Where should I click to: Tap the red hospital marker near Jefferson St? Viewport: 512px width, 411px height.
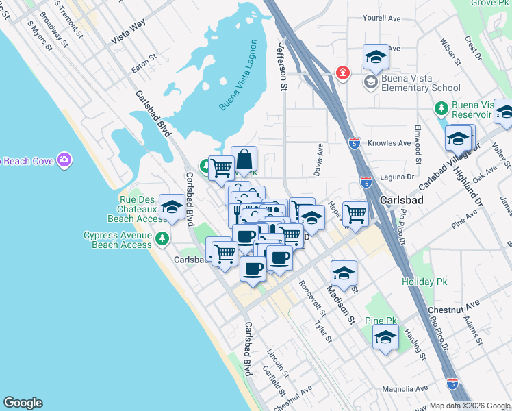point(341,72)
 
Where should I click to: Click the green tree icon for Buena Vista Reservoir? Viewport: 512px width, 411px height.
point(441,108)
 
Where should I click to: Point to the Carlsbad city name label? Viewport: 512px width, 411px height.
point(399,199)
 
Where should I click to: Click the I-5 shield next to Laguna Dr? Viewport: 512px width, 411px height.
point(366,182)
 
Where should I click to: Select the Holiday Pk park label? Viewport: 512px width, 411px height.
point(418,282)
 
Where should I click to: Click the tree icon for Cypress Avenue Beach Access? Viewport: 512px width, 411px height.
point(162,239)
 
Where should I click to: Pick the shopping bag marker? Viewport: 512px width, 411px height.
point(244,160)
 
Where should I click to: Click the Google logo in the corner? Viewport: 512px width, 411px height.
point(23,403)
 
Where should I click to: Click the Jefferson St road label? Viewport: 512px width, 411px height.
point(281,65)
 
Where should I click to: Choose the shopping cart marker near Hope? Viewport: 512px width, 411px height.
point(355,214)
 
